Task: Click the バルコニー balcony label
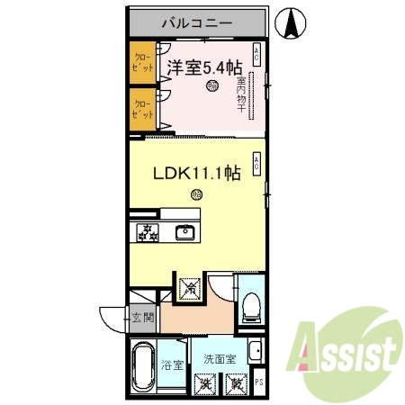(x=197, y=23)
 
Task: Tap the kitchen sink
(x=185, y=232)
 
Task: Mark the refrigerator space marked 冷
(x=191, y=288)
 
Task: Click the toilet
(x=251, y=305)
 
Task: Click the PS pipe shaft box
(x=260, y=382)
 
